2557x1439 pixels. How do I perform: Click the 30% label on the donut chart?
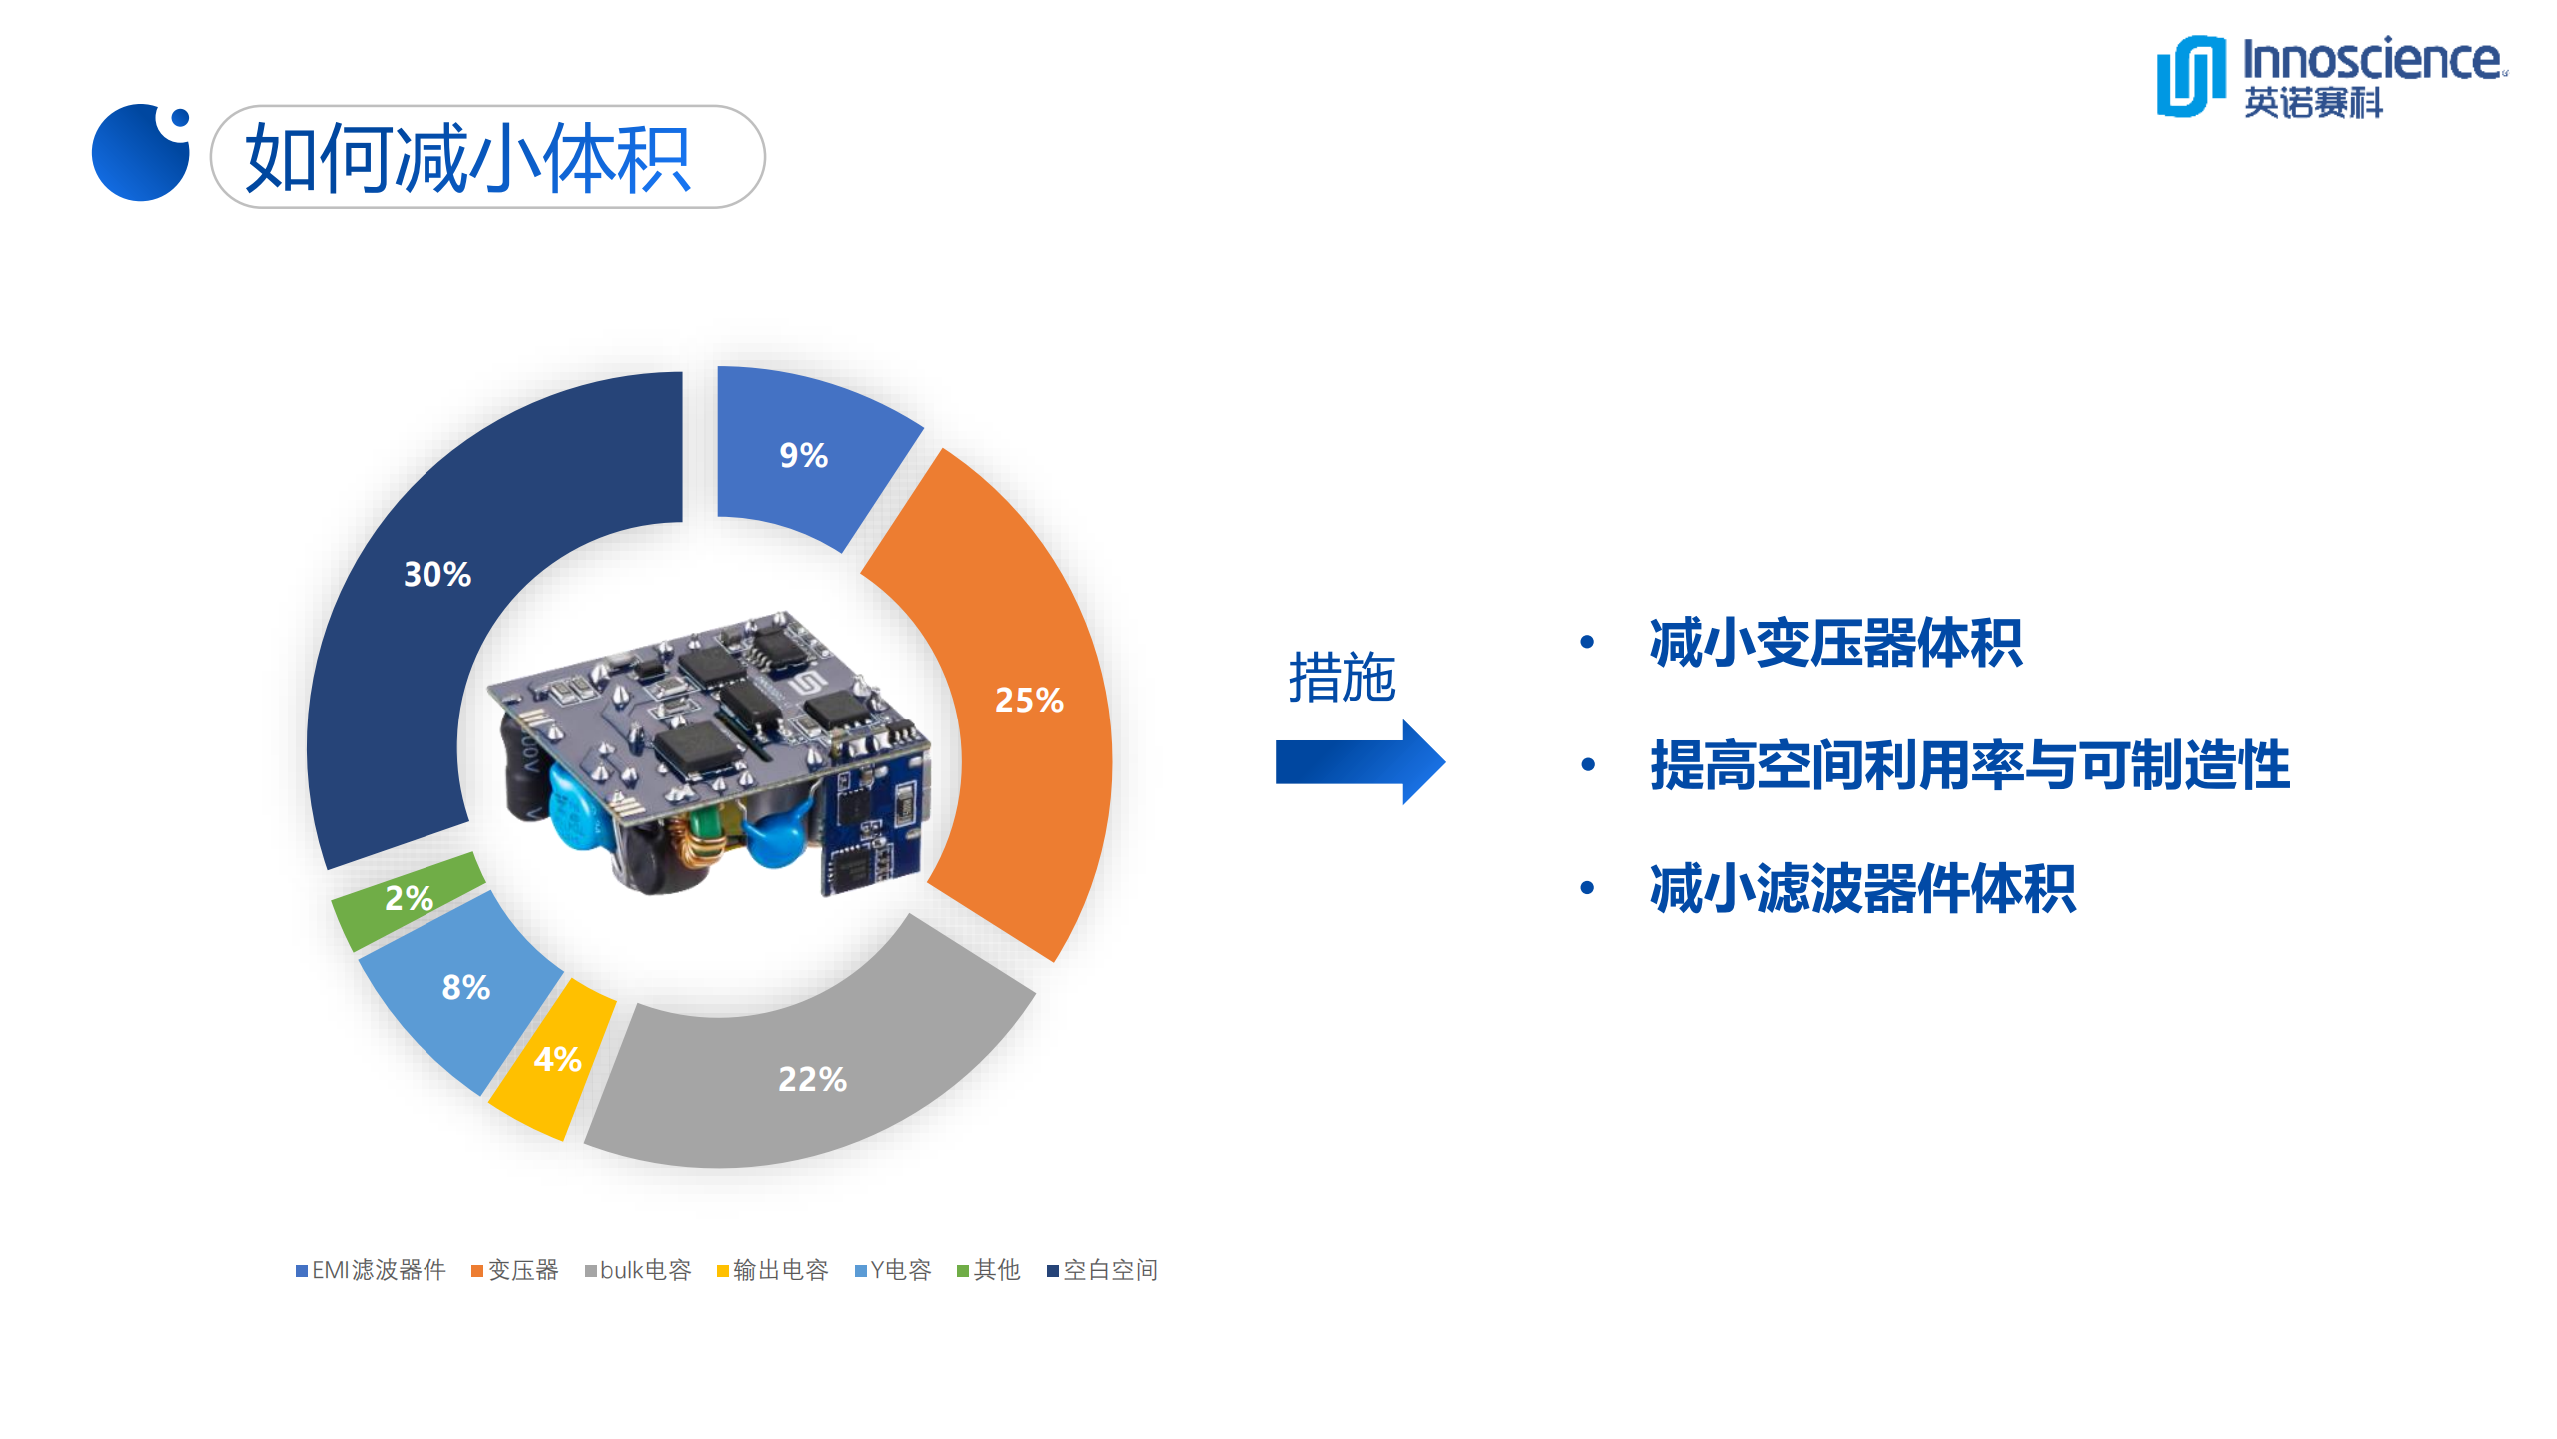[x=436, y=574]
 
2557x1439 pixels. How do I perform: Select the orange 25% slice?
[x=1029, y=700]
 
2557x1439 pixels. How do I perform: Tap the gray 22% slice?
[x=812, y=1079]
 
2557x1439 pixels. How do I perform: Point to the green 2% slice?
[x=408, y=898]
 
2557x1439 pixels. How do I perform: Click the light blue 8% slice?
[x=465, y=988]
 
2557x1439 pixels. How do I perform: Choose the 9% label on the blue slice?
[x=803, y=456]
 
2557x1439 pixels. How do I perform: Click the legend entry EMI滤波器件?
[x=371, y=1270]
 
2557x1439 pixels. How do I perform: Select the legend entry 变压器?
[x=515, y=1270]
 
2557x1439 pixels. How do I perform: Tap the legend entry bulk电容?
[x=638, y=1270]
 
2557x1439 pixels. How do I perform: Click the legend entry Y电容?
[x=893, y=1270]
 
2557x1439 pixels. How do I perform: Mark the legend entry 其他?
[x=989, y=1270]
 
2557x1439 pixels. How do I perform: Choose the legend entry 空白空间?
[x=1102, y=1270]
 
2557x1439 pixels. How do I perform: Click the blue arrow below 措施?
[x=1358, y=762]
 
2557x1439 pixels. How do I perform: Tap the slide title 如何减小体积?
[x=467, y=158]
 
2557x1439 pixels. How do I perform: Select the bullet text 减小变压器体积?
[x=1835, y=643]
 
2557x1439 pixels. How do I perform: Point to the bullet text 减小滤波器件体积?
[x=1862, y=888]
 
